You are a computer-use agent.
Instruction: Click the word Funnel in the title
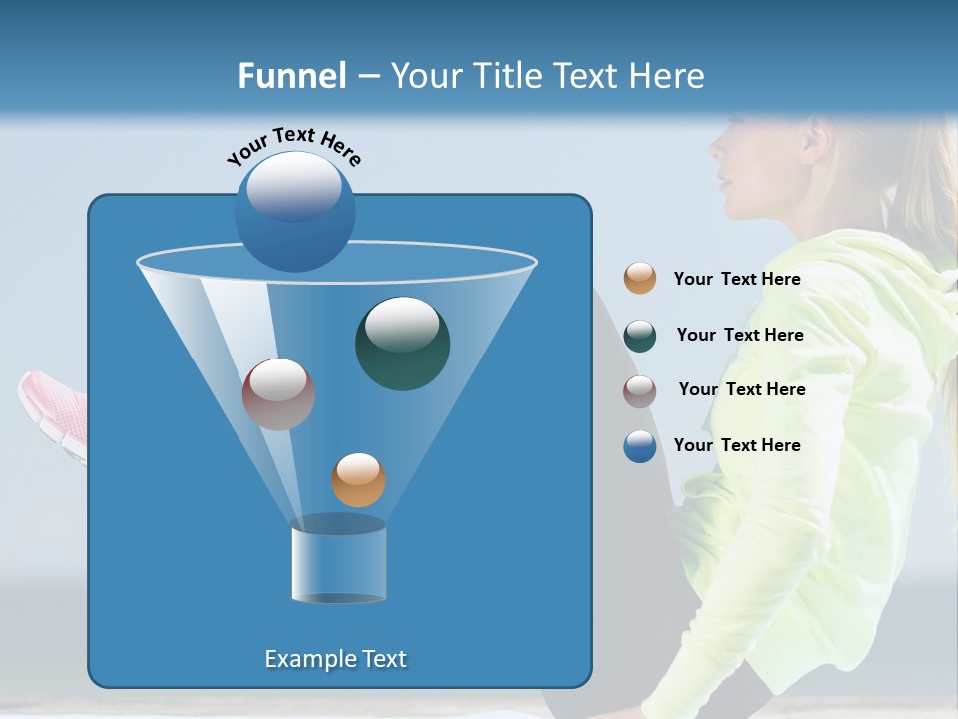coord(291,76)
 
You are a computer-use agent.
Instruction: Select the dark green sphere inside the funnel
coord(402,344)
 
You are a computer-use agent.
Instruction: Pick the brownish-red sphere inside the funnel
coord(278,394)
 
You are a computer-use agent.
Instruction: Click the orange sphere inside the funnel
coord(358,480)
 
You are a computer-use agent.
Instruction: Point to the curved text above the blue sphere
coord(293,146)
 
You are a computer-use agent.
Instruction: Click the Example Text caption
coord(335,659)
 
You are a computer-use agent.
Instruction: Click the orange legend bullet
coord(640,278)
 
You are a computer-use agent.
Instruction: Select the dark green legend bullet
coord(640,336)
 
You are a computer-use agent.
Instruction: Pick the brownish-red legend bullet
coord(640,391)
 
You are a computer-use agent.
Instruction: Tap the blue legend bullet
coord(640,446)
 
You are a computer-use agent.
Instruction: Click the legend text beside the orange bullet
coord(736,279)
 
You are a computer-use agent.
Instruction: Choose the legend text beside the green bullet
coord(739,335)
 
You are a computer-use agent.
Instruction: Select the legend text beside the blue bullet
coord(736,445)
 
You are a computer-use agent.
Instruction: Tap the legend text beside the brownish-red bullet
coord(741,389)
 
